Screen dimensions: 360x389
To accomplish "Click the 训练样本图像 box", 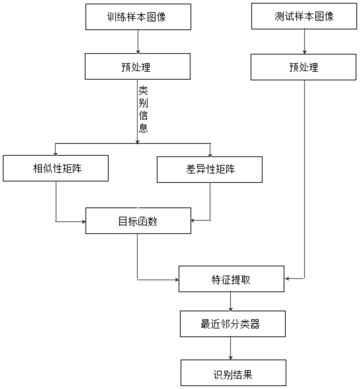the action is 138,16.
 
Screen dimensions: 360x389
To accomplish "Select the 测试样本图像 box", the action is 304,16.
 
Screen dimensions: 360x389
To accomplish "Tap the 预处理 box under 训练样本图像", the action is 138,66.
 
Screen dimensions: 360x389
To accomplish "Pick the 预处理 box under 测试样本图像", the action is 303,67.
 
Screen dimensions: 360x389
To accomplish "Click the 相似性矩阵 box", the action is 56,168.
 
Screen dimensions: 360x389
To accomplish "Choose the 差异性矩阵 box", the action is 210,170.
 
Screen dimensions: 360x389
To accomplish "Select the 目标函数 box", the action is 138,221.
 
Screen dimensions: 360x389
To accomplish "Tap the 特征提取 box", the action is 232,279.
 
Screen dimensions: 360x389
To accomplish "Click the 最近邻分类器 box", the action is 233,324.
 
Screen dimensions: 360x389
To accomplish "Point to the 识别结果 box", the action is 234,373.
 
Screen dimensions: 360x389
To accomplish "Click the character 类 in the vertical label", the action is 143,90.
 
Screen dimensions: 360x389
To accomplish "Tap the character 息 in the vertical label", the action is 143,128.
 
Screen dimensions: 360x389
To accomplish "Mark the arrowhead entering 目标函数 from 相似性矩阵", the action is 84,222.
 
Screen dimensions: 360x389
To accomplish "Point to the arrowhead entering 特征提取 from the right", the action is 286,279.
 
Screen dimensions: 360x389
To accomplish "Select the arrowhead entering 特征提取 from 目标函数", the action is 177,280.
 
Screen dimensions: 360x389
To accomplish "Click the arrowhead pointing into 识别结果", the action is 231,357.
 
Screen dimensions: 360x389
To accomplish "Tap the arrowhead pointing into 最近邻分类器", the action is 231,309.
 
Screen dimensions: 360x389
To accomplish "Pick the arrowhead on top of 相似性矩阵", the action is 55,153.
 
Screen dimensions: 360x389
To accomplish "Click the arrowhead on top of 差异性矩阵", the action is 210,155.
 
